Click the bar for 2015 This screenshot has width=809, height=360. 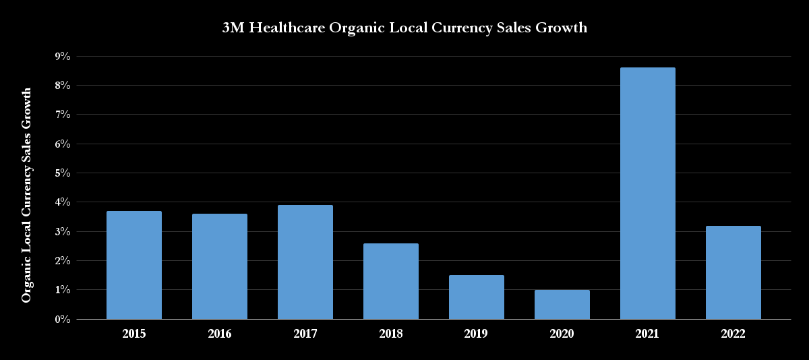click(134, 265)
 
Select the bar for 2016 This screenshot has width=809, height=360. click(220, 266)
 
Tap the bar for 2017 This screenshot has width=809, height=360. click(305, 262)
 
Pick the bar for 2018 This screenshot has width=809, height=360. click(391, 281)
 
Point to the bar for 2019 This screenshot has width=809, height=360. click(477, 297)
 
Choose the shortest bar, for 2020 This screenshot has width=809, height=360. click(562, 304)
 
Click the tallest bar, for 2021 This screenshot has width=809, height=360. click(648, 193)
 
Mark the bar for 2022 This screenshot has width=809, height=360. click(733, 272)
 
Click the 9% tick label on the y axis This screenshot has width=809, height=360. click(62, 57)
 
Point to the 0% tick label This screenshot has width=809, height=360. click(62, 319)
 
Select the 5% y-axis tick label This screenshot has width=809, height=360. click(62, 173)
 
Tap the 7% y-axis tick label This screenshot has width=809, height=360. click(62, 115)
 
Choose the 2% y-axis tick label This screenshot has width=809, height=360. click(62, 261)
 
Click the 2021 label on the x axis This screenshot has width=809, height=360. click(648, 334)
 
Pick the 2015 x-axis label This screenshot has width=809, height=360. click(134, 334)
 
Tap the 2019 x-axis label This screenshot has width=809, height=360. click(477, 334)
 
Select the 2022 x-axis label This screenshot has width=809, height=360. click(733, 334)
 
